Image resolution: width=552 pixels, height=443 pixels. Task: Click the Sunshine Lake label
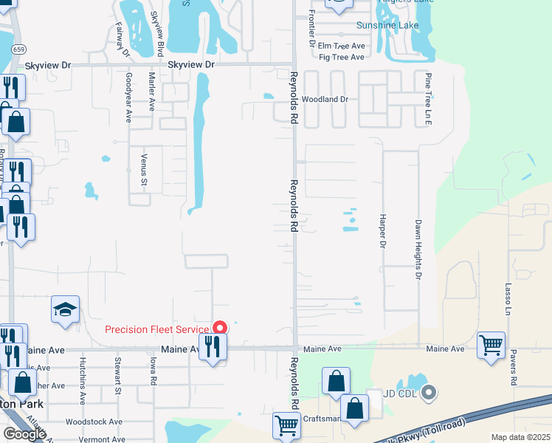(387, 25)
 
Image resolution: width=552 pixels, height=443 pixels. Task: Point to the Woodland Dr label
(324, 99)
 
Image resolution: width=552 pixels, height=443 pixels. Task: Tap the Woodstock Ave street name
(94, 422)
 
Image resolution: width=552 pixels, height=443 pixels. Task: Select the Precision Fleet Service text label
(157, 330)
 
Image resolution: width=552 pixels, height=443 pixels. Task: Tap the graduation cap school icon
(65, 309)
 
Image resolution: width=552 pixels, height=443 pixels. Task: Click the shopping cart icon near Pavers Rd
(491, 345)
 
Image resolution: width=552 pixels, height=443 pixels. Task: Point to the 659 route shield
(18, 50)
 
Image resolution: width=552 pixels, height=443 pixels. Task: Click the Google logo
(24, 434)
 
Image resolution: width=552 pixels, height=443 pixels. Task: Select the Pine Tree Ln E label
(427, 97)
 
